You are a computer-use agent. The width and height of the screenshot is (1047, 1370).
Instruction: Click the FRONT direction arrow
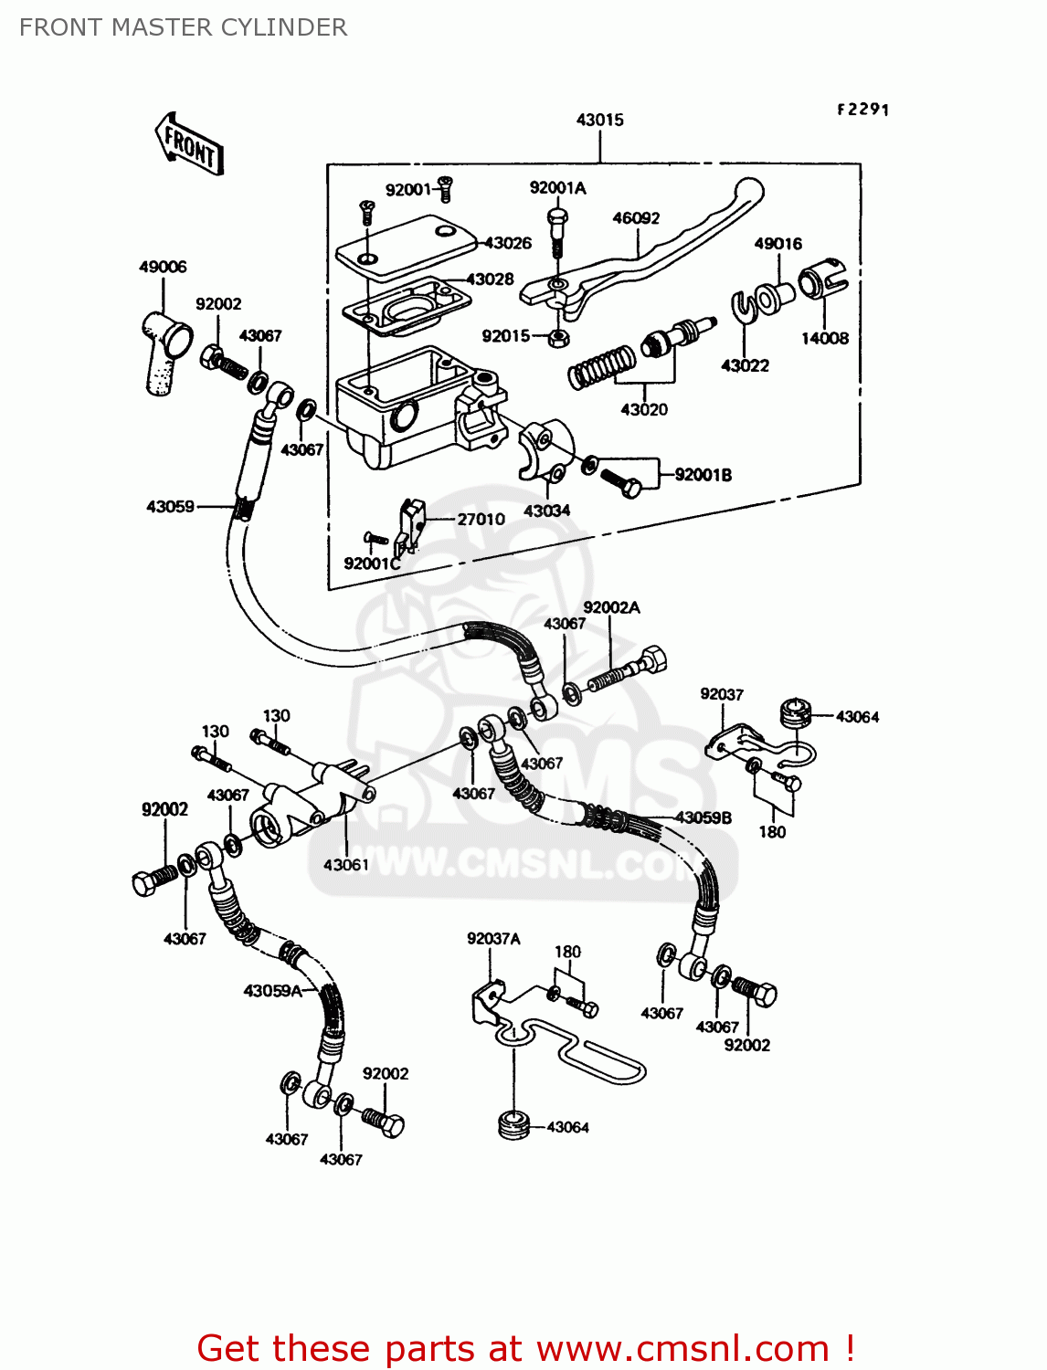pos(189,144)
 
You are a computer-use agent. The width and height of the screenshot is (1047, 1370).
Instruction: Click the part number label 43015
pos(599,120)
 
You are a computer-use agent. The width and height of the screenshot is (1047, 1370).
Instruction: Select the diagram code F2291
pos(862,110)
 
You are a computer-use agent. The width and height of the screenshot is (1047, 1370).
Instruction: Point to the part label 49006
pos(163,267)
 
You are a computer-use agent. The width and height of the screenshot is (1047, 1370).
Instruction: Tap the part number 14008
pos(824,338)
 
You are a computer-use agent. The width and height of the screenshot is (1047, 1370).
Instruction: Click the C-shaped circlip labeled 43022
pos(743,307)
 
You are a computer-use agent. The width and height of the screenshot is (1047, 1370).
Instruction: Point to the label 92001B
pos(703,475)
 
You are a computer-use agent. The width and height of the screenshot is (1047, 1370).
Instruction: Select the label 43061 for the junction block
pos(345,864)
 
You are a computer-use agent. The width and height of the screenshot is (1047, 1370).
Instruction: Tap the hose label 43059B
pos(703,817)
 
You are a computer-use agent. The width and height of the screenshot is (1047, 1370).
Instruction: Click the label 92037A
pos(493,939)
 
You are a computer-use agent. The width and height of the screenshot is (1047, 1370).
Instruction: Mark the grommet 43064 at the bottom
pos(515,1124)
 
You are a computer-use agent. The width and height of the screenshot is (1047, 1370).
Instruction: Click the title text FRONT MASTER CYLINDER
pos(183,27)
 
